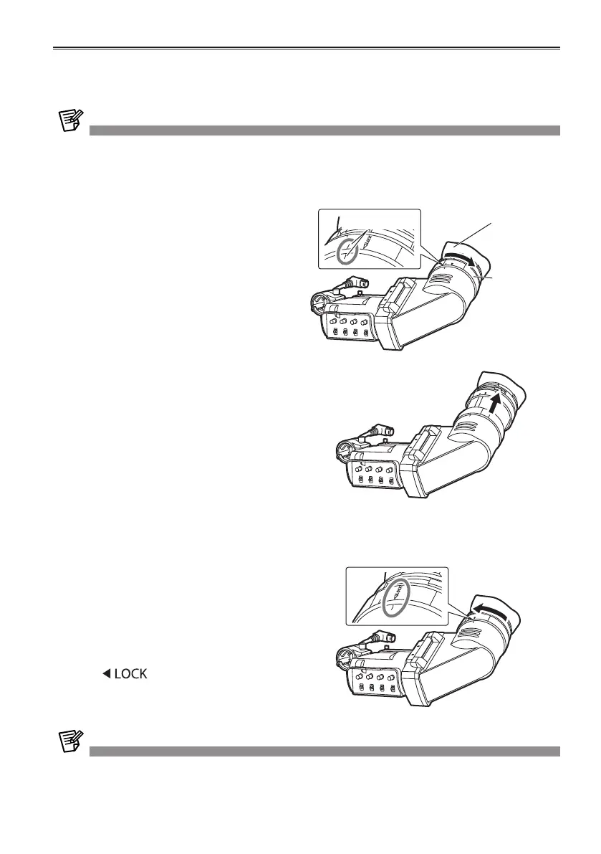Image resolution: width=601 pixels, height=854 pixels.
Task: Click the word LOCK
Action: click(x=132, y=674)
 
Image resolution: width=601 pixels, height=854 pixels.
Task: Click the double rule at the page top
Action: click(x=307, y=49)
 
